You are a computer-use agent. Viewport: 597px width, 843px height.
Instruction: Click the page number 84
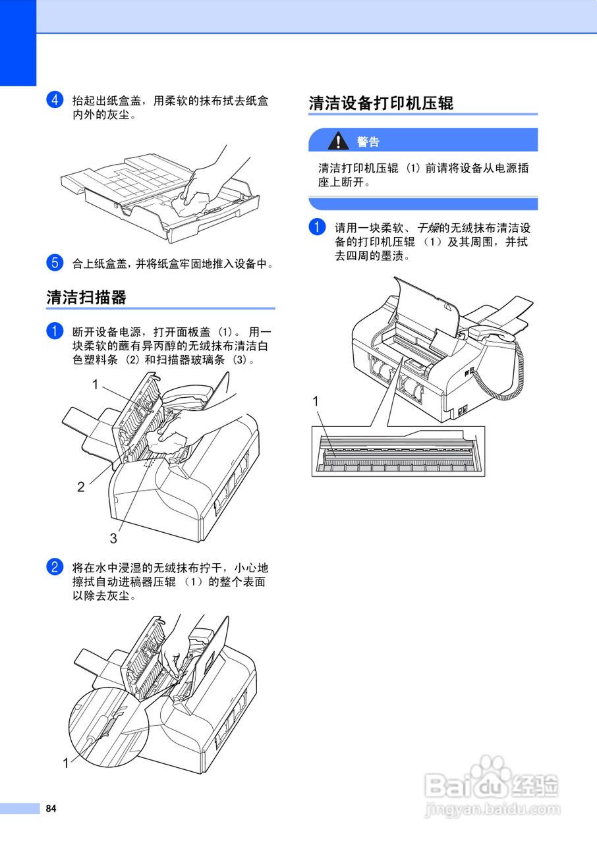pos(50,809)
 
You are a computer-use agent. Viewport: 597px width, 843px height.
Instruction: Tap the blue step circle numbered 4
pos(54,101)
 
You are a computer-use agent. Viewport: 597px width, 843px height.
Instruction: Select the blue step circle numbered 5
pos(54,263)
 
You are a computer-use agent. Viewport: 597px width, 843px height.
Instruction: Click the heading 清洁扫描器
pos(86,297)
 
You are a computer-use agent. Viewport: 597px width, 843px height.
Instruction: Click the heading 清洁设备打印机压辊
pos(381,103)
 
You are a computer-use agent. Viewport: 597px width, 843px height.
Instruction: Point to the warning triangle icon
pos(339,140)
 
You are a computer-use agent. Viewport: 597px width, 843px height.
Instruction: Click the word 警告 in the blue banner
pos(368,142)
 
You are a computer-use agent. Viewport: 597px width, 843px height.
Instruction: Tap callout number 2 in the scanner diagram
pos(80,487)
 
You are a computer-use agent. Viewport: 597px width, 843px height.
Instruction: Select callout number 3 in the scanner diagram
pos(113,538)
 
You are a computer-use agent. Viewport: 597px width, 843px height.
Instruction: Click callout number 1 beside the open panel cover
pos(95,384)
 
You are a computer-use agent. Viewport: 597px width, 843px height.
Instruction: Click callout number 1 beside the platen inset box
pos(316,401)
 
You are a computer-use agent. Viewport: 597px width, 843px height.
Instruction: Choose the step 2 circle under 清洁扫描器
pos(54,567)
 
